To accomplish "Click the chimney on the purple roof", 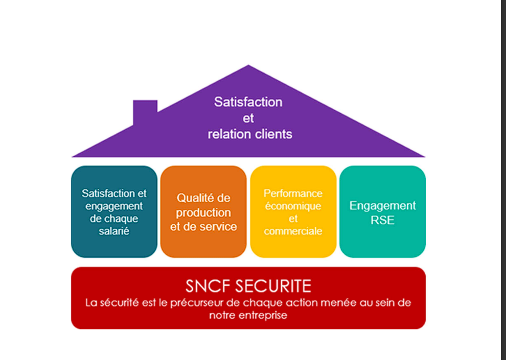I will [x=145, y=111].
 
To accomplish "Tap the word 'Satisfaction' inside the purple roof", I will [x=248, y=102].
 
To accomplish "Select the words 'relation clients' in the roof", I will [x=250, y=134].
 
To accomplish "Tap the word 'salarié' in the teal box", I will [x=114, y=231].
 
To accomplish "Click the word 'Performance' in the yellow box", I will [x=293, y=194].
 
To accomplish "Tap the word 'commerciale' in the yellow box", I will [x=293, y=231].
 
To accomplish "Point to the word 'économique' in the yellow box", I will [x=293, y=206].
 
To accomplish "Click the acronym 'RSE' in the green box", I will [x=382, y=221].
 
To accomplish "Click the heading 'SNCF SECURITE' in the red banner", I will [x=248, y=285].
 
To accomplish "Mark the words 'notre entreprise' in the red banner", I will [x=248, y=315].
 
